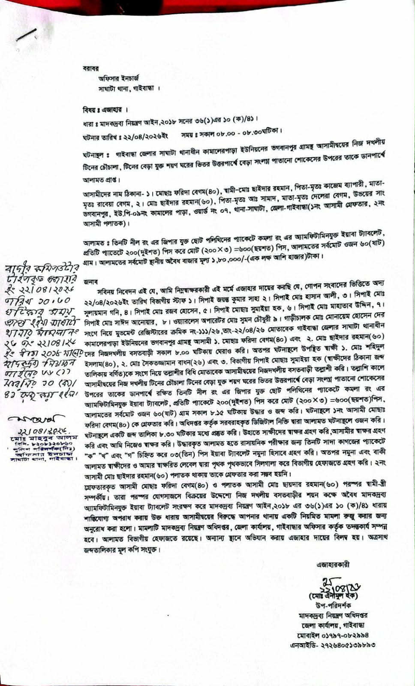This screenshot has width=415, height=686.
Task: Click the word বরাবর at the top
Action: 91,68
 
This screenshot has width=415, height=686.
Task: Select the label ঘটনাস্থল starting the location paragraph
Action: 93,154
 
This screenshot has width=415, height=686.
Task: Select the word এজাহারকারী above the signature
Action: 333,564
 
